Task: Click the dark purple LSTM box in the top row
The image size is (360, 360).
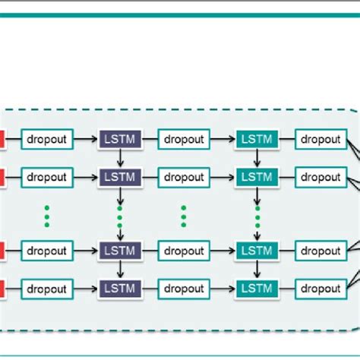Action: pyautogui.click(x=119, y=140)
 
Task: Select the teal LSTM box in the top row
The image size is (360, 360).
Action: pyautogui.click(x=257, y=140)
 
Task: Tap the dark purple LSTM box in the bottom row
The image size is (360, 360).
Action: pyautogui.click(x=119, y=289)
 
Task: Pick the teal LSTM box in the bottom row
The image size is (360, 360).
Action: pyautogui.click(x=257, y=289)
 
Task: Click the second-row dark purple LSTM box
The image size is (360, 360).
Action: pyautogui.click(x=119, y=178)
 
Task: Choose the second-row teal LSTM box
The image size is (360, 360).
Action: pyautogui.click(x=257, y=178)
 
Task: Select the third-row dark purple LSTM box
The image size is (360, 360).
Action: pyautogui.click(x=119, y=251)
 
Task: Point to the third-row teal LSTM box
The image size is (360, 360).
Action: pyautogui.click(x=257, y=251)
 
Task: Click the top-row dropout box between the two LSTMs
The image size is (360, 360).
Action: pyautogui.click(x=184, y=140)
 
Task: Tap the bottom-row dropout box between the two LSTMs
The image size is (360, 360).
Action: pyautogui.click(x=184, y=289)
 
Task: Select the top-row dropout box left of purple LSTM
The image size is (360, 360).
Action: pyautogui.click(x=46, y=140)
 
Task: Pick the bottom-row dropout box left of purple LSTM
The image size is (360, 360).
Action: pyautogui.click(x=46, y=289)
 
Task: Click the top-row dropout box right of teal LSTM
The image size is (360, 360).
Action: pyautogui.click(x=321, y=140)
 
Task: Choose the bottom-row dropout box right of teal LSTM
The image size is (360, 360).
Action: pyautogui.click(x=321, y=289)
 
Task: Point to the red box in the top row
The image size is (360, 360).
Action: pyautogui.click(x=2, y=140)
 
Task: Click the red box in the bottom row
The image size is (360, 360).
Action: pyautogui.click(x=2, y=289)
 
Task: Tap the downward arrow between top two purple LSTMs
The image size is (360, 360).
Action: pyautogui.click(x=119, y=159)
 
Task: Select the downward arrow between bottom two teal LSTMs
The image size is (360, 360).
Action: pyautogui.click(x=257, y=270)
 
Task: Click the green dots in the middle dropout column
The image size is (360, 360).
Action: pyautogui.click(x=184, y=214)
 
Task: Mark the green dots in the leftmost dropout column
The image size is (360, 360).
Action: pyautogui.click(x=46, y=214)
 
